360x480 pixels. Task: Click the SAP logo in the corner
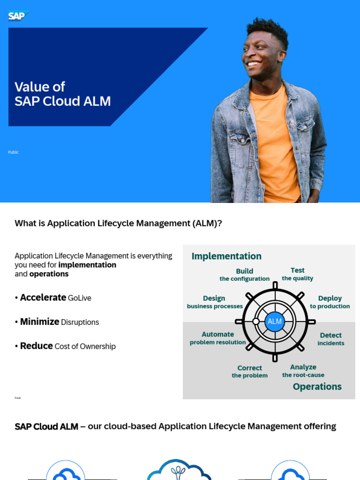18,16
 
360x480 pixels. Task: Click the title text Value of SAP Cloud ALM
62,94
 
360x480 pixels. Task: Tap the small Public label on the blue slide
13,152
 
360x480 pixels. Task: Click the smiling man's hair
266,28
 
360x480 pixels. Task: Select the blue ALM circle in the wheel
275,322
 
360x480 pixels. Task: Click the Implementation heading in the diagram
226,256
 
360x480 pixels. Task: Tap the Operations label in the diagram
317,386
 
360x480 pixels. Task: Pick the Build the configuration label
244,275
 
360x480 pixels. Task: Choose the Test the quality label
297,274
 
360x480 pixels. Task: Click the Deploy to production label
330,302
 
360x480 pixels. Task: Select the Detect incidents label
330,339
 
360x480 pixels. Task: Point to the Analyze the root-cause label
303,371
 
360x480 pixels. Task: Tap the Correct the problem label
249,371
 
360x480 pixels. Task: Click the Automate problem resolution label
217,338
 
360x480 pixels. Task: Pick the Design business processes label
214,302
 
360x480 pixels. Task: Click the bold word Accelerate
43,297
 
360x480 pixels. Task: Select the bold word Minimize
39,322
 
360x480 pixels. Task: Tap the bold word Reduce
36,346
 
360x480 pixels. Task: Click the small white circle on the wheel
256,322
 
